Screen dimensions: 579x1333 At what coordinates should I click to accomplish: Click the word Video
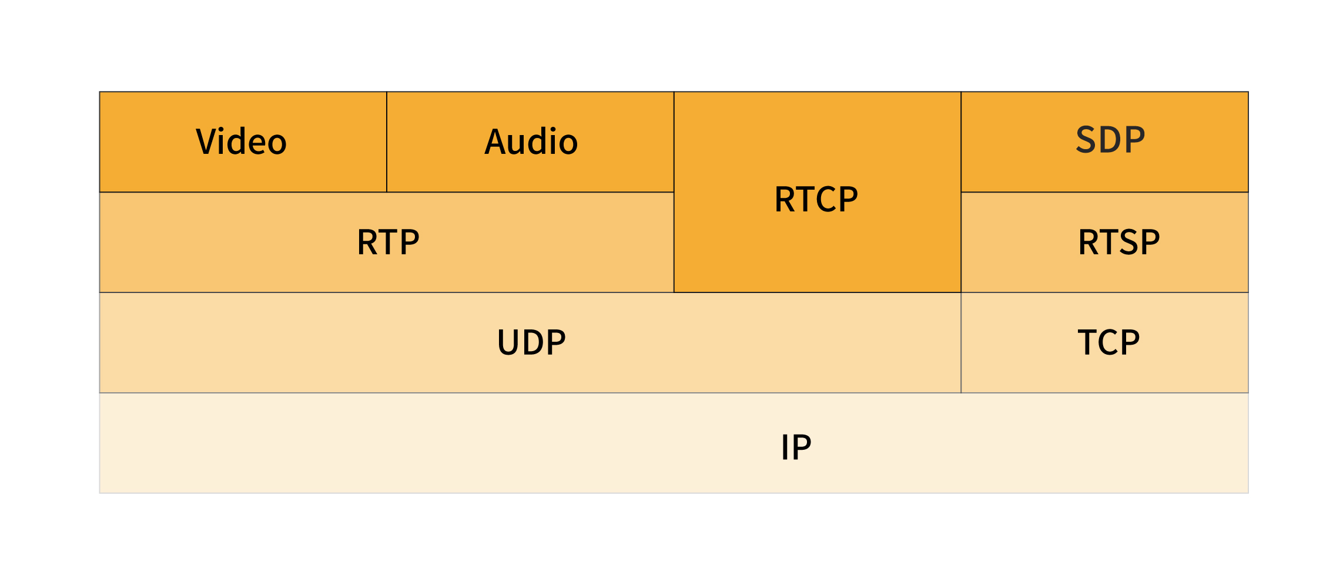[241, 142]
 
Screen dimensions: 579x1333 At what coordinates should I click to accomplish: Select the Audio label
[531, 142]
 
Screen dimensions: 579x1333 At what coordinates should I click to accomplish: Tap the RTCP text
[816, 199]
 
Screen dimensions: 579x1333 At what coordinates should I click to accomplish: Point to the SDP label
[1110, 140]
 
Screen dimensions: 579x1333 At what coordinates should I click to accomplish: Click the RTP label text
[388, 242]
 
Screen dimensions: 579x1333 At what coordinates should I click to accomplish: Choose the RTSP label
[1118, 242]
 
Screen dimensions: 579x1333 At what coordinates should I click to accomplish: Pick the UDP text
[531, 342]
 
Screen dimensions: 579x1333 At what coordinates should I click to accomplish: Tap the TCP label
[1108, 342]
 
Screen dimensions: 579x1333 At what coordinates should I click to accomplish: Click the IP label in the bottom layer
[796, 447]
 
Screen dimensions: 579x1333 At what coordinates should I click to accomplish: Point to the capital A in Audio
[496, 142]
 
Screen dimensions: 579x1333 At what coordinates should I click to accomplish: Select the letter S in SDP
[1087, 140]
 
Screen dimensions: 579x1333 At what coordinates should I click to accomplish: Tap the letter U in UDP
[509, 342]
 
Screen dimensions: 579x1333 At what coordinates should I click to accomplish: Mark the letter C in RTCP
[826, 199]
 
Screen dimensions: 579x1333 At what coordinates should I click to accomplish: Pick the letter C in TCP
[1108, 342]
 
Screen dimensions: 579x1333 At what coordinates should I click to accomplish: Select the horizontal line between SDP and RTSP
[1104, 192]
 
